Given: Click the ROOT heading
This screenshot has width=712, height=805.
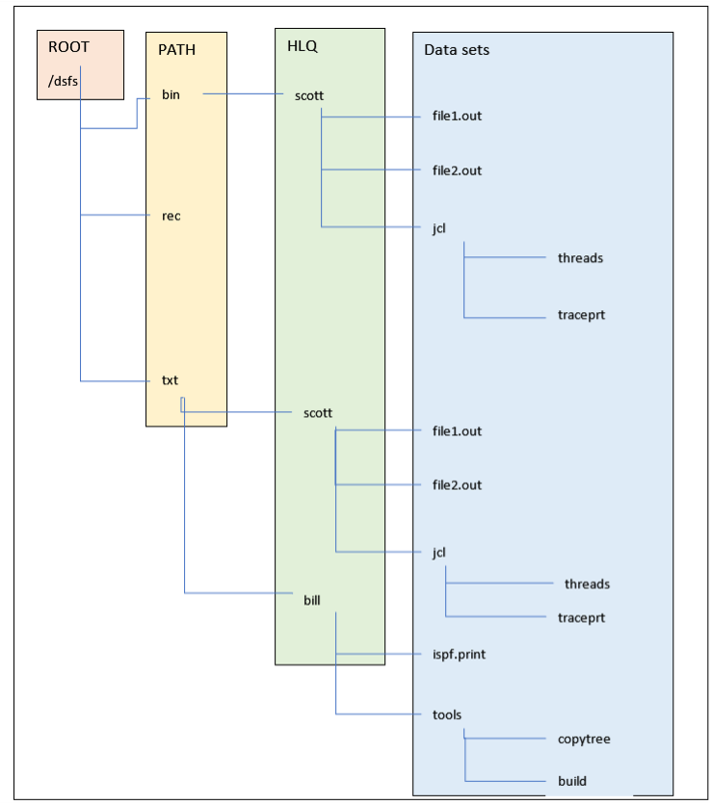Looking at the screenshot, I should (x=68, y=46).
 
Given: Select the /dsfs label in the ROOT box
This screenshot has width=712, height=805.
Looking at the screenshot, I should (x=63, y=81).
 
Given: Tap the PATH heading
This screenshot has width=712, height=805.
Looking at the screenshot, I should (x=176, y=50).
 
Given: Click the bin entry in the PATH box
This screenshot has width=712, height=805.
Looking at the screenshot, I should (x=171, y=94).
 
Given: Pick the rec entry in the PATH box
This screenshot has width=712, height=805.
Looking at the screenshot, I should (x=171, y=216).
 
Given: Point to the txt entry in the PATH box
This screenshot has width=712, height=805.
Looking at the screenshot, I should (x=170, y=380).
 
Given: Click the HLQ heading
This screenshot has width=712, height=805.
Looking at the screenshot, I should (x=302, y=45).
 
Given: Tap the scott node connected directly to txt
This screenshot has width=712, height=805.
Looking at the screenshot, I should (x=317, y=412).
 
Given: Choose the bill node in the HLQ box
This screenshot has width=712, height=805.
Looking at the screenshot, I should (x=312, y=600).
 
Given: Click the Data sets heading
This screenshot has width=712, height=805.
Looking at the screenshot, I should (x=456, y=49).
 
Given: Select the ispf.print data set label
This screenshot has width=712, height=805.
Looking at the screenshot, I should (x=459, y=655).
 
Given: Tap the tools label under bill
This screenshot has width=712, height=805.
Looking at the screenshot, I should (x=447, y=714).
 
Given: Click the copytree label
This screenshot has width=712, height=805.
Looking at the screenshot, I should (x=584, y=740).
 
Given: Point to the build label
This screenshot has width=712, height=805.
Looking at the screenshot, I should (x=571, y=781).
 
